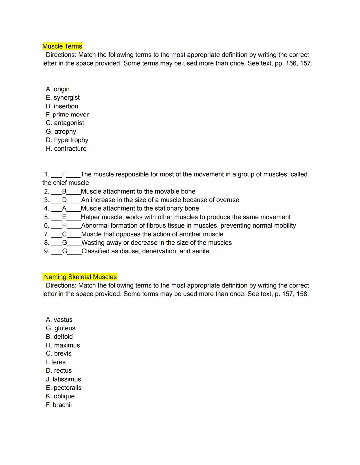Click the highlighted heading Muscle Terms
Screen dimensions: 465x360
[x=62, y=46]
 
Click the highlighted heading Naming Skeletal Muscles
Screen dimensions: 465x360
[x=80, y=277]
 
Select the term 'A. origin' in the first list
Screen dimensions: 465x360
[x=58, y=89]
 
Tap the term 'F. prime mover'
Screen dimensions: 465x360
[x=67, y=115]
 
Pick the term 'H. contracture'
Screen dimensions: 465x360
[x=66, y=149]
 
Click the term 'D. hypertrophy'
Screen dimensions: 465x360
[x=67, y=140]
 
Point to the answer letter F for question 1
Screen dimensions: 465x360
[x=64, y=174]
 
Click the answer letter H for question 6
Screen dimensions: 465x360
[x=65, y=226]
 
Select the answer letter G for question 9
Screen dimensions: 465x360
[x=65, y=251]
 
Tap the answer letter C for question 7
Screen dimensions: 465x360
[x=65, y=234]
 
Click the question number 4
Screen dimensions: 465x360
[x=46, y=209]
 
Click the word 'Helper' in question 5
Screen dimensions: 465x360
[x=90, y=217]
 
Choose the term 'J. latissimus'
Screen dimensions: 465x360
[x=63, y=379]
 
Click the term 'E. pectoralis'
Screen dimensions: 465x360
[x=63, y=388]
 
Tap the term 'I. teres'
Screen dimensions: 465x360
[x=56, y=362]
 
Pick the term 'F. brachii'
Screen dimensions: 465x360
[x=59, y=405]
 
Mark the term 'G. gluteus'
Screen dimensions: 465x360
[x=60, y=328]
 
